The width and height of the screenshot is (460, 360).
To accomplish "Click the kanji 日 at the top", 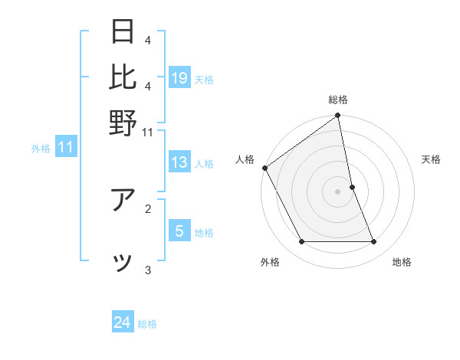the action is [123, 32].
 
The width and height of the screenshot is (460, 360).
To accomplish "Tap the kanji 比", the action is [123, 77].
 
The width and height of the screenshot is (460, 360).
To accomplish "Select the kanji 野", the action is [123, 123].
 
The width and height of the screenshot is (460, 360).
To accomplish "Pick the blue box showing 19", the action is [179, 78].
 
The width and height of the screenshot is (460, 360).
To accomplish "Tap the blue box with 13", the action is [179, 162].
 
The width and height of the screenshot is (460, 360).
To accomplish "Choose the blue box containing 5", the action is [179, 231].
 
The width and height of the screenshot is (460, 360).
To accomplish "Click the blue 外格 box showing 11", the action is [65, 147].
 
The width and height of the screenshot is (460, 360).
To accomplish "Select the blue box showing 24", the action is [123, 323].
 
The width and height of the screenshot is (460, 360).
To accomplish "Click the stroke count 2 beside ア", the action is [148, 208].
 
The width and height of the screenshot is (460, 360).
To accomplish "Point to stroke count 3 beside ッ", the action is [148, 270].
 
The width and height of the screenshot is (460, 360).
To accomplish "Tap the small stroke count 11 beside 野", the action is [148, 132].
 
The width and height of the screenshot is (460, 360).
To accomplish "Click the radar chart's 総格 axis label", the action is [338, 100].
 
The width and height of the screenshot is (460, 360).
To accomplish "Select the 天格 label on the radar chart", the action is [431, 159].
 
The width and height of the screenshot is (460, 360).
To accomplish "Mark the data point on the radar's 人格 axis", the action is [265, 168].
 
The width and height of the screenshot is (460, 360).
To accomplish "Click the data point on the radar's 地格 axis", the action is [374, 242].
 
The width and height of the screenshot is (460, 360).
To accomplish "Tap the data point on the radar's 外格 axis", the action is [301, 242].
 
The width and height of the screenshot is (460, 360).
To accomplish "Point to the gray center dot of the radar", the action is [338, 191].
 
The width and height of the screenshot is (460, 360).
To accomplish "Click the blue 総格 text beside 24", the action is [147, 324].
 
